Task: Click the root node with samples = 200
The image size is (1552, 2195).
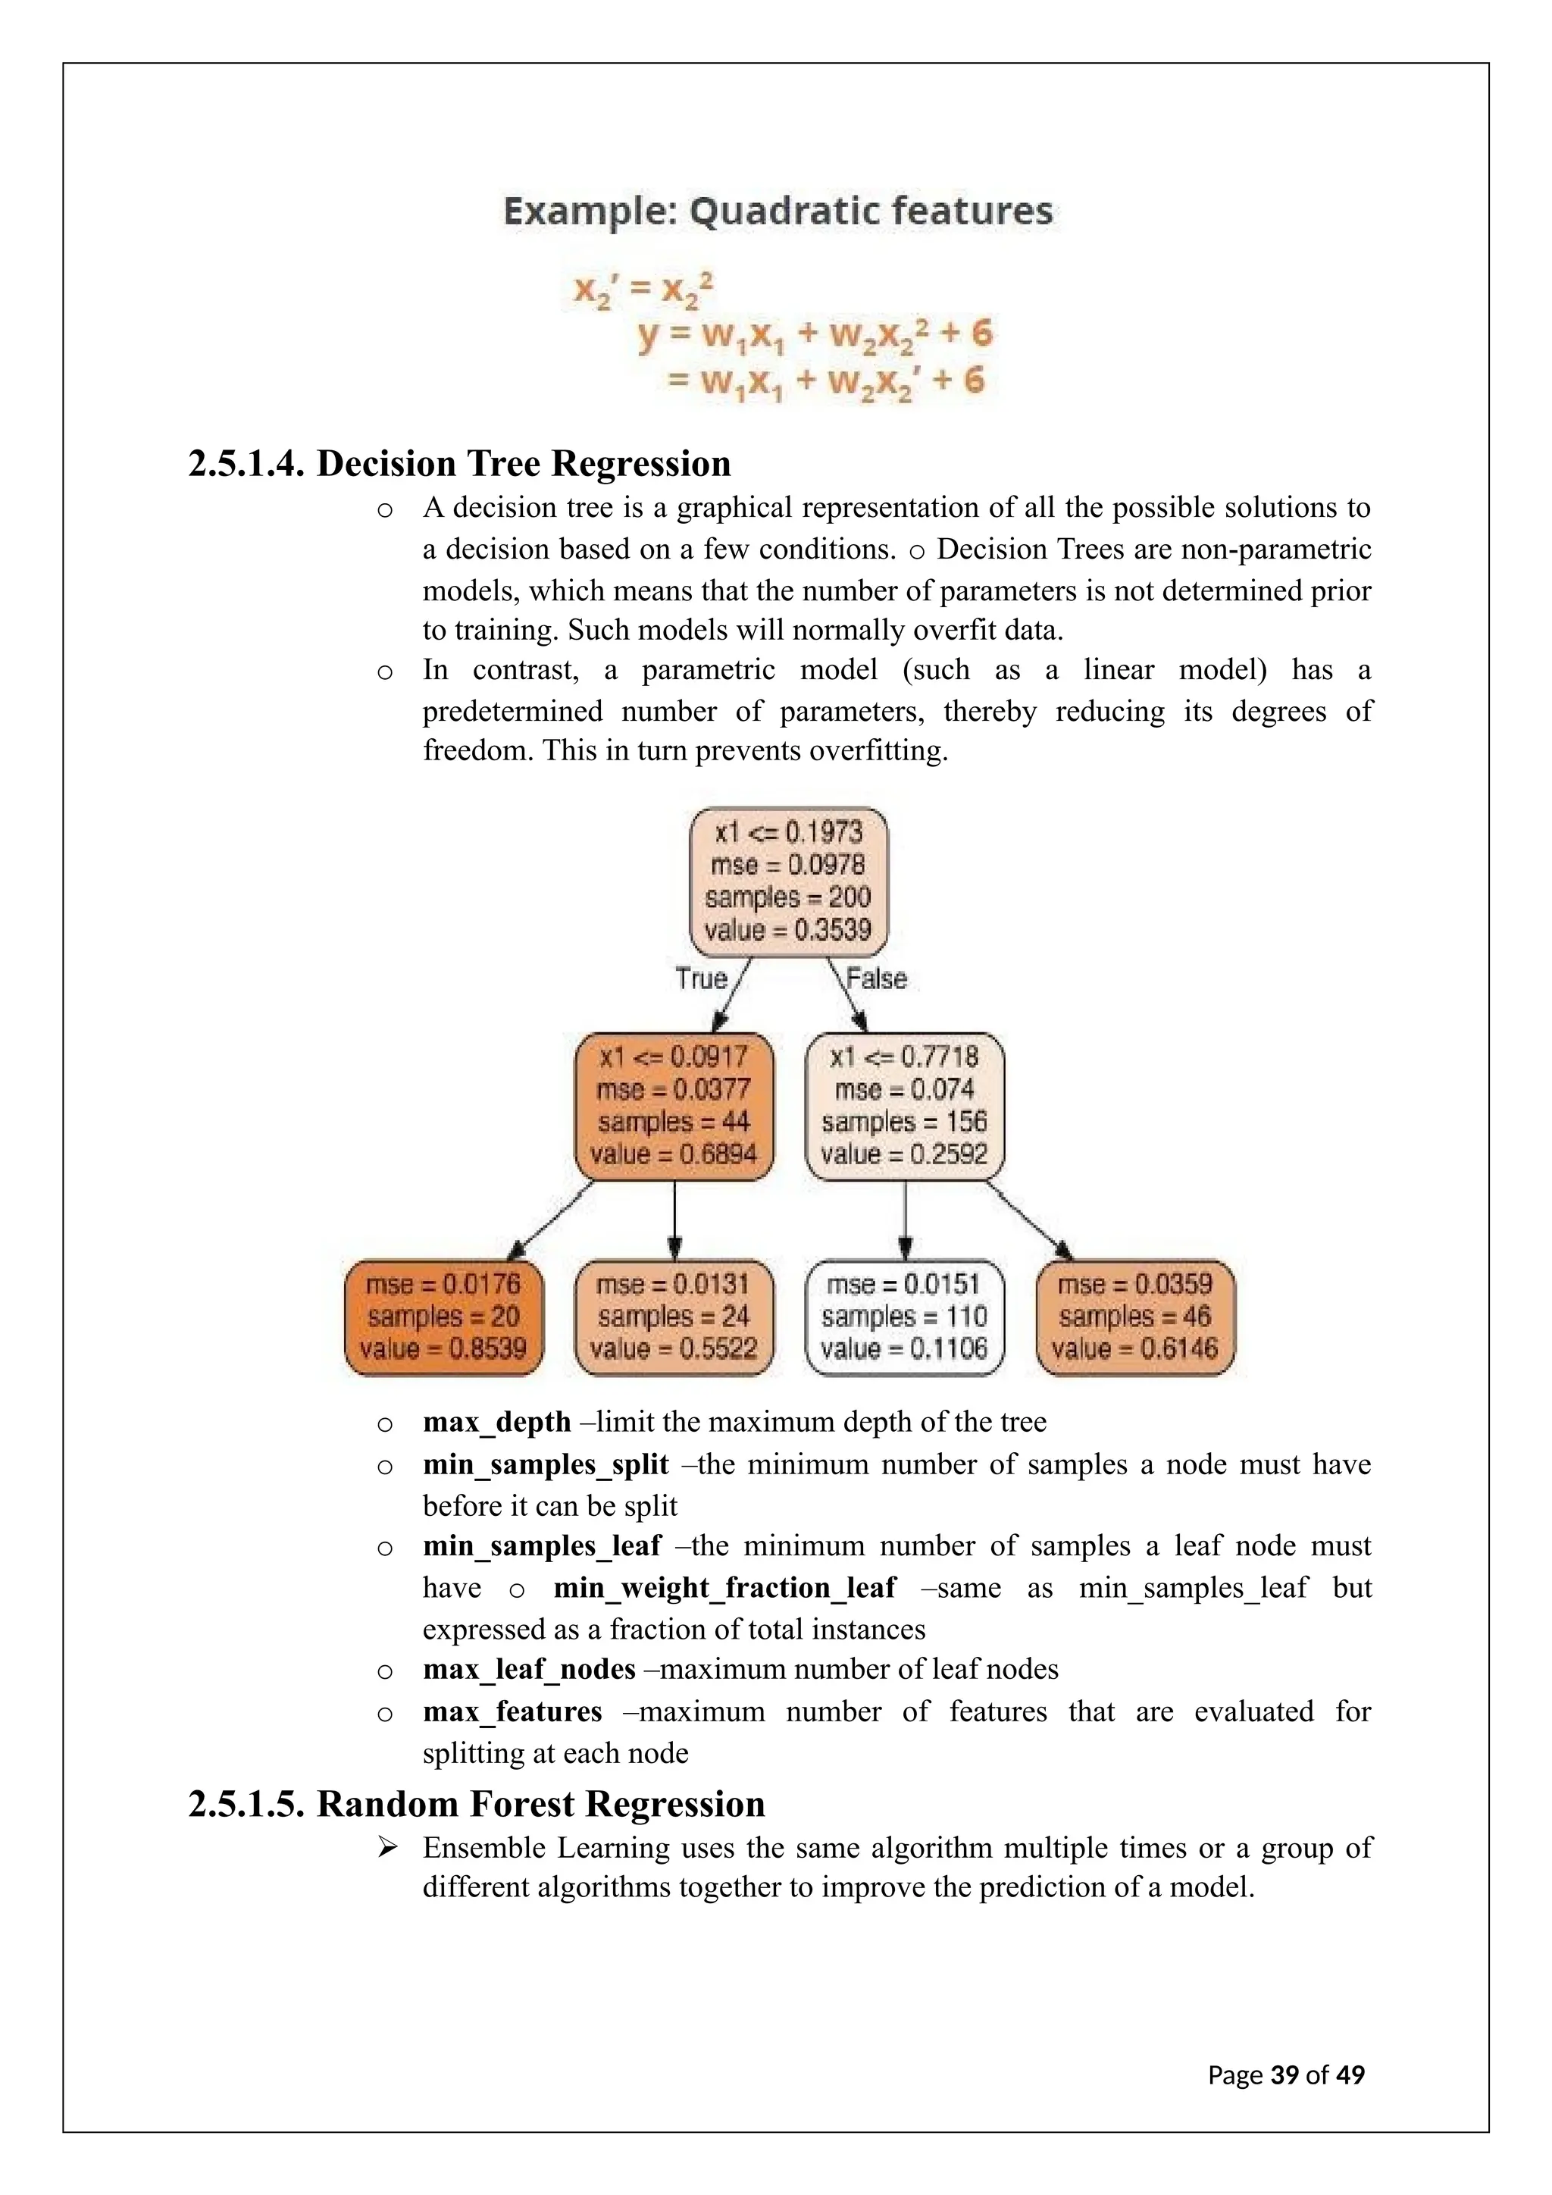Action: pyautogui.click(x=788, y=881)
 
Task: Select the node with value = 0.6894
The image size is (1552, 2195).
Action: pyautogui.click(x=674, y=1106)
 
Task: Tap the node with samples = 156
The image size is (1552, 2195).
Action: pyautogui.click(x=904, y=1106)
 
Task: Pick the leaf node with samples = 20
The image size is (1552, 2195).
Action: pyautogui.click(x=443, y=1317)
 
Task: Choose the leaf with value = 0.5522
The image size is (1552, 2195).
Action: pyautogui.click(x=674, y=1317)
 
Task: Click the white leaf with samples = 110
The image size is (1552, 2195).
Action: pyautogui.click(x=904, y=1317)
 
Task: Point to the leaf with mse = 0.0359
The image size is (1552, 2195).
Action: pyautogui.click(x=1134, y=1317)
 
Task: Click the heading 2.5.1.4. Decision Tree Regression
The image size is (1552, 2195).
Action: pyautogui.click(x=460, y=464)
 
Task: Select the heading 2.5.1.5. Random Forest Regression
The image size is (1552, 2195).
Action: pyautogui.click(x=477, y=1804)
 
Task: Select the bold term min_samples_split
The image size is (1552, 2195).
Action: pyautogui.click(x=546, y=1464)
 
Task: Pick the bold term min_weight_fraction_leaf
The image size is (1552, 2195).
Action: pyautogui.click(x=724, y=1588)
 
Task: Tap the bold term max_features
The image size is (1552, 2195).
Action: pyautogui.click(x=512, y=1711)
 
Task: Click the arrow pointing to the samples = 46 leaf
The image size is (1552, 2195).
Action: pyautogui.click(x=1030, y=1219)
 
